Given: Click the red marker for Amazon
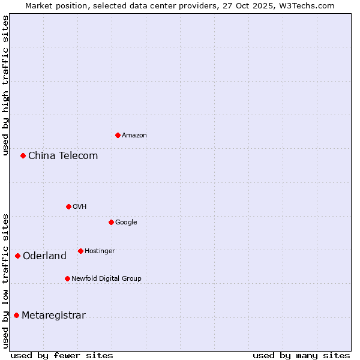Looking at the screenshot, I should coord(118,135).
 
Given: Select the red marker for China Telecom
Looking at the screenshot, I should coord(23,155).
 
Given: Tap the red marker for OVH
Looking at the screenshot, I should coord(68,206).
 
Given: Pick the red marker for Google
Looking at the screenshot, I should coord(111,222).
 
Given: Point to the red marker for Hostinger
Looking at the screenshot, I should coord(80,251).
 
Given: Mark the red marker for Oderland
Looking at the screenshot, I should coord(17,256).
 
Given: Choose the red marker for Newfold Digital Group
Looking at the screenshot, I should coord(67,278).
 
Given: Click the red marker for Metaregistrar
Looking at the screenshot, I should coord(16,315).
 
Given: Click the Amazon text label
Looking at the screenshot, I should coord(134,136).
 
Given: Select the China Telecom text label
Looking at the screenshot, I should coord(63,156).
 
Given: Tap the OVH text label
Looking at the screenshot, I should coord(80,207).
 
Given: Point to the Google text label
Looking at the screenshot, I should coord(126,223).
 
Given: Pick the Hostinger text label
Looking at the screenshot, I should coord(100,251).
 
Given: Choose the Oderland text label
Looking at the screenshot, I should coord(44,256).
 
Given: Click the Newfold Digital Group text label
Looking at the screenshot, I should coord(106,279).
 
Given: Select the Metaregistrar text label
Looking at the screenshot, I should coord(53,316).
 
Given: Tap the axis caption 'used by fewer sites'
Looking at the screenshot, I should coord(62,355).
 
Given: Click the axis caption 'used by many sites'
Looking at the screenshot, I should coord(301,355).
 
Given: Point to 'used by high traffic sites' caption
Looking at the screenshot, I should coord(5,85).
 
